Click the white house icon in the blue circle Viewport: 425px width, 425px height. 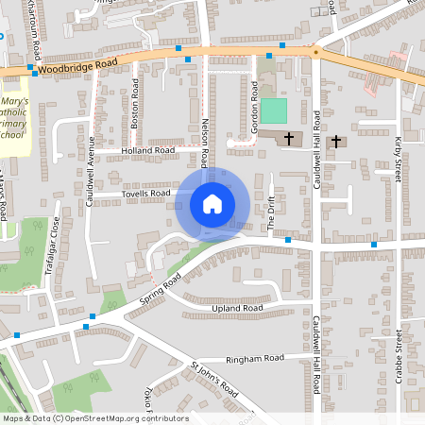(x=212, y=203)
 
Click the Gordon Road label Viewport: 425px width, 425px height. (x=255, y=97)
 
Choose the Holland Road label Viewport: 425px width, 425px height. (x=148, y=150)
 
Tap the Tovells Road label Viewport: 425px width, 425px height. (x=145, y=194)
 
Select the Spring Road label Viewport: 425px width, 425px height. (x=159, y=294)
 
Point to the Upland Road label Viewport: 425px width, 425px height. (x=238, y=308)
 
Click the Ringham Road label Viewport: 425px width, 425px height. (x=262, y=359)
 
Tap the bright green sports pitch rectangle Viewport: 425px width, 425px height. (x=272, y=110)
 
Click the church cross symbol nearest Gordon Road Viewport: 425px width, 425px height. (x=289, y=139)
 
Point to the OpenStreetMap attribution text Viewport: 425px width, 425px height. (x=94, y=418)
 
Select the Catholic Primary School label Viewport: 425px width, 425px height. (x=13, y=118)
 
